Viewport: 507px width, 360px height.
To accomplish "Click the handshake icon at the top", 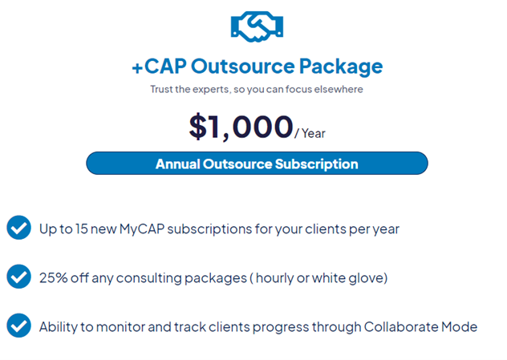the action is [x=257, y=26].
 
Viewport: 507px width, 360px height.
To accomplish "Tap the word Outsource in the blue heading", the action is [x=243, y=67].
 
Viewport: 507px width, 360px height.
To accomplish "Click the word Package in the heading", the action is [x=341, y=67].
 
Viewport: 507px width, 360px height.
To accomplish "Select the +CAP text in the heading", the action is [x=159, y=67].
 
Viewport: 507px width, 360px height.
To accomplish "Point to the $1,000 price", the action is [x=241, y=127].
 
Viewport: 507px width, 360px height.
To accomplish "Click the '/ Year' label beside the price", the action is [x=310, y=133].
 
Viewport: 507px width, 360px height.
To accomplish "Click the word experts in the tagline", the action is [x=211, y=90].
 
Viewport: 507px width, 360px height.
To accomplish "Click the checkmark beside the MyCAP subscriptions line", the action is [x=18, y=228].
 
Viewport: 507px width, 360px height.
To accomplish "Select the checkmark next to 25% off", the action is [x=18, y=277].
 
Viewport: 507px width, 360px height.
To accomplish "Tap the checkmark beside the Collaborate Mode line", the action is [x=18, y=326].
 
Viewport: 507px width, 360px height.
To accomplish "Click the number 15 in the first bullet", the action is [x=82, y=229].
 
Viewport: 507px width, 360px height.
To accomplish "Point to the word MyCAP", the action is [x=142, y=229].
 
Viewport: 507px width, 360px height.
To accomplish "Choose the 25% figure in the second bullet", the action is [x=54, y=278].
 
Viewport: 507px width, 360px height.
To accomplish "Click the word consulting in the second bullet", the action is [x=149, y=278].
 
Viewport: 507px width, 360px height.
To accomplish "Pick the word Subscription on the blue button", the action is [x=317, y=164].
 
